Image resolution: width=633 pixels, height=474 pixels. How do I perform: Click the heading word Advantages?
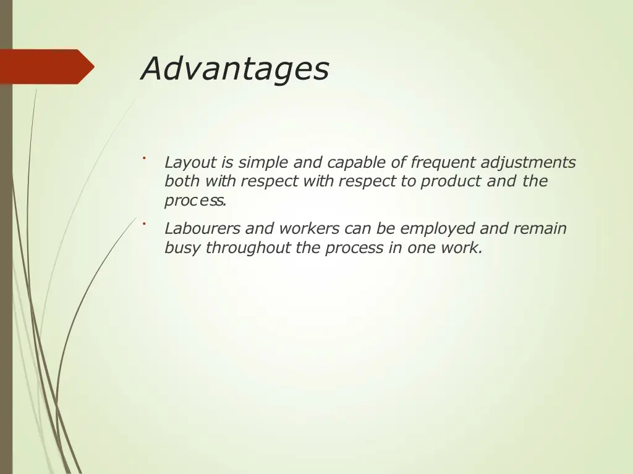pos(235,69)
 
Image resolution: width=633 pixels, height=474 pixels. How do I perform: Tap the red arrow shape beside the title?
pos(46,67)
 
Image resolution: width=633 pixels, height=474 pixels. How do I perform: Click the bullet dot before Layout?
pos(143,158)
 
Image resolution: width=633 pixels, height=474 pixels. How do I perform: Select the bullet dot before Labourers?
pos(143,223)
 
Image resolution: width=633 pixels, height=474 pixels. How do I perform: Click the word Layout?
pos(190,163)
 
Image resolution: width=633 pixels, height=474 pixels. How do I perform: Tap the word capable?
pos(357,163)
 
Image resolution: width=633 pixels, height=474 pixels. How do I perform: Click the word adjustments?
pos(528,163)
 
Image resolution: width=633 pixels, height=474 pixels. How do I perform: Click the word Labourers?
pos(202,229)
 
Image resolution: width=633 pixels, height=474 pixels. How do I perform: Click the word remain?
pos(538,229)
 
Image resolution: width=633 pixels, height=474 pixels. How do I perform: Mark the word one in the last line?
pos(421,248)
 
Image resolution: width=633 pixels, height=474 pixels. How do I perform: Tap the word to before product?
pos(410,182)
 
